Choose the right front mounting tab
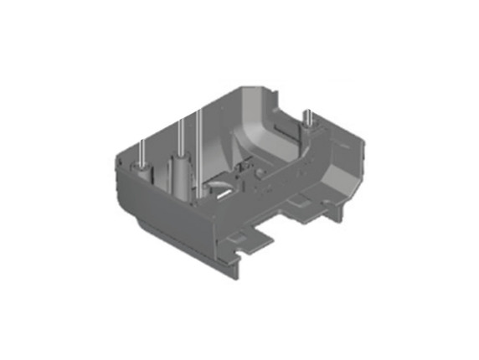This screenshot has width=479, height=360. pyautogui.click(x=310, y=206)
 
